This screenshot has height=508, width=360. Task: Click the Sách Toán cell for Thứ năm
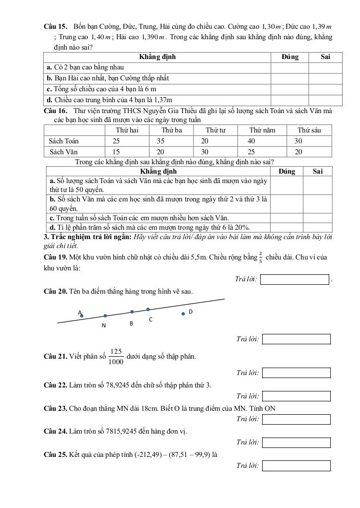[251, 141]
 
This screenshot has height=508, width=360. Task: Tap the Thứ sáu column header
[309, 130]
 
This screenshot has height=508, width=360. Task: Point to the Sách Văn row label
[64, 152]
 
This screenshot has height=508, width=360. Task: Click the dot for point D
[183, 313]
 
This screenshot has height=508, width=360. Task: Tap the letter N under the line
[104, 326]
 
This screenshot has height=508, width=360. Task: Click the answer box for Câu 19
[295, 280]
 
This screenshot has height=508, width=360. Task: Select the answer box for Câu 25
[296, 466]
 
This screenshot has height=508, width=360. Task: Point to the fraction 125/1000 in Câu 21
[116, 356]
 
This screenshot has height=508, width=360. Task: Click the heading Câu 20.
[56, 291]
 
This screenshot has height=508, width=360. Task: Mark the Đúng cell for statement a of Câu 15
[289, 67]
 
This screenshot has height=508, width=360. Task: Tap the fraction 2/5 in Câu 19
[261, 257]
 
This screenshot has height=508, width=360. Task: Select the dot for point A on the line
[82, 316]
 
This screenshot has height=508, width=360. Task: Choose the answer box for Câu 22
[296, 396]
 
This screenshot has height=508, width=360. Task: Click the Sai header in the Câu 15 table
[325, 57]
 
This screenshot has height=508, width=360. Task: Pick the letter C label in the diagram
[150, 320]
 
